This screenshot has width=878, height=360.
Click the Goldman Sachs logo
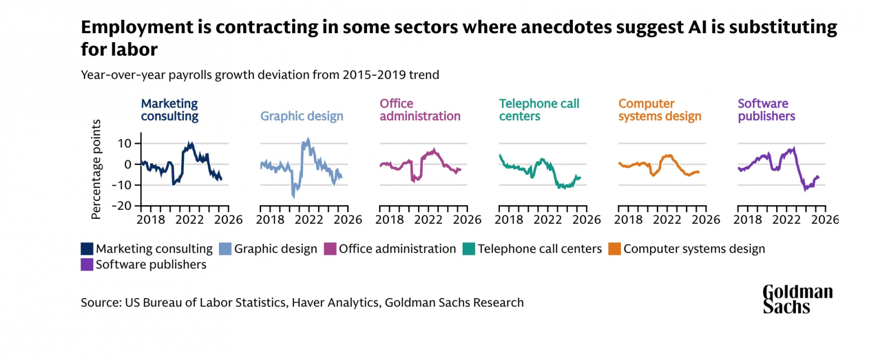[798, 299]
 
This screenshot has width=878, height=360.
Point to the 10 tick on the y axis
[124, 143]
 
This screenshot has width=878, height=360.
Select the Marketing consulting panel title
[169, 110]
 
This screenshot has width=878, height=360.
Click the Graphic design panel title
[302, 116]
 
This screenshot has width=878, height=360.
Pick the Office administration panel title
[420, 110]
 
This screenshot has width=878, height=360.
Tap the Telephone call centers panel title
[539, 110]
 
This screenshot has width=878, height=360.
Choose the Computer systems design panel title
[660, 110]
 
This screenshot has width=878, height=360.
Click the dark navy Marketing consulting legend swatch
[87, 249]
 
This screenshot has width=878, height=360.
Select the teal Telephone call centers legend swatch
[468, 249]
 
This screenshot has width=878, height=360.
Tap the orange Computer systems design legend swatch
[615, 249]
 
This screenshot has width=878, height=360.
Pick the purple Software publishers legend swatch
[87, 264]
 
